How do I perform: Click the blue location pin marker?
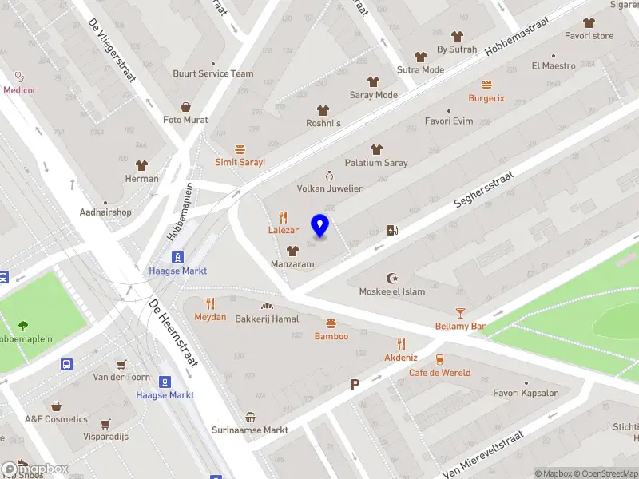320,226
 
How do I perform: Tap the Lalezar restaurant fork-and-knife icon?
283,217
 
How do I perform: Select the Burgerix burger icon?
486,85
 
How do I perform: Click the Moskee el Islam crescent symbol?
391,278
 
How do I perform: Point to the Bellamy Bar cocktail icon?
460,312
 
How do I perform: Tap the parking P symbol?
355,385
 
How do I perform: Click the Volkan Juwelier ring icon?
329,176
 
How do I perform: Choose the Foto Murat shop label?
185,120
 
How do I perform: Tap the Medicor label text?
20,90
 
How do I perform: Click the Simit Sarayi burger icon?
240,149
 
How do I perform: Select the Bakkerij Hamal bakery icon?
267,306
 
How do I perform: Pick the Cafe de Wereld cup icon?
439,359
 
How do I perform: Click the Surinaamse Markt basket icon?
250,417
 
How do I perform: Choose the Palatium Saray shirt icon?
375,149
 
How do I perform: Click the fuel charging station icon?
392,231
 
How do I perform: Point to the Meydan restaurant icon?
211,303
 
